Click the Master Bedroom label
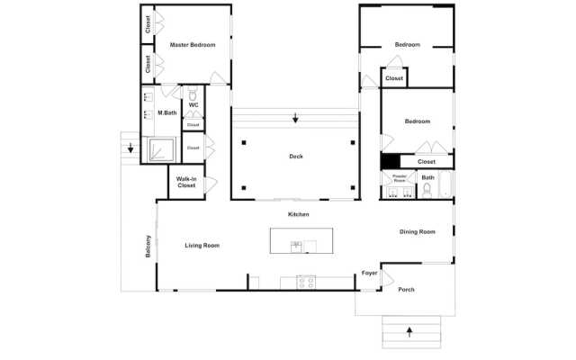[x=193, y=45]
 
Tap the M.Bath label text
[x=166, y=112]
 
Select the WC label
[x=193, y=105]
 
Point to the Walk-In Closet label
[x=186, y=182]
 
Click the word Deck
[x=296, y=156]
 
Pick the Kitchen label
[x=299, y=214]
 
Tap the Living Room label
[x=202, y=245]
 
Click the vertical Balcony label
[x=148, y=247]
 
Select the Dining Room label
[x=418, y=231]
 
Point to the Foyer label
[x=369, y=272]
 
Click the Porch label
[x=406, y=289]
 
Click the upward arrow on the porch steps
[x=410, y=331]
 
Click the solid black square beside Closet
[x=391, y=161]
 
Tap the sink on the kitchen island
[x=295, y=245]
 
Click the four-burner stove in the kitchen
[x=306, y=282]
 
